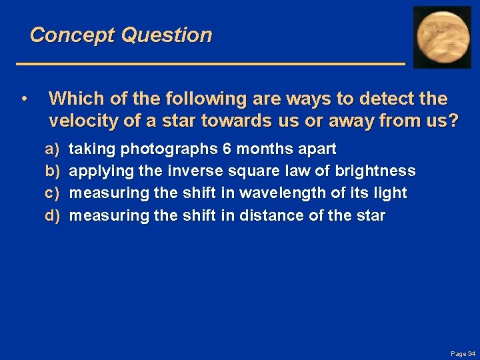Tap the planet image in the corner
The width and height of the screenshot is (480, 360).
442,37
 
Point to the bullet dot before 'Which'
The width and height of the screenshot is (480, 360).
24,99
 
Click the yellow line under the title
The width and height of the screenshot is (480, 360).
210,63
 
